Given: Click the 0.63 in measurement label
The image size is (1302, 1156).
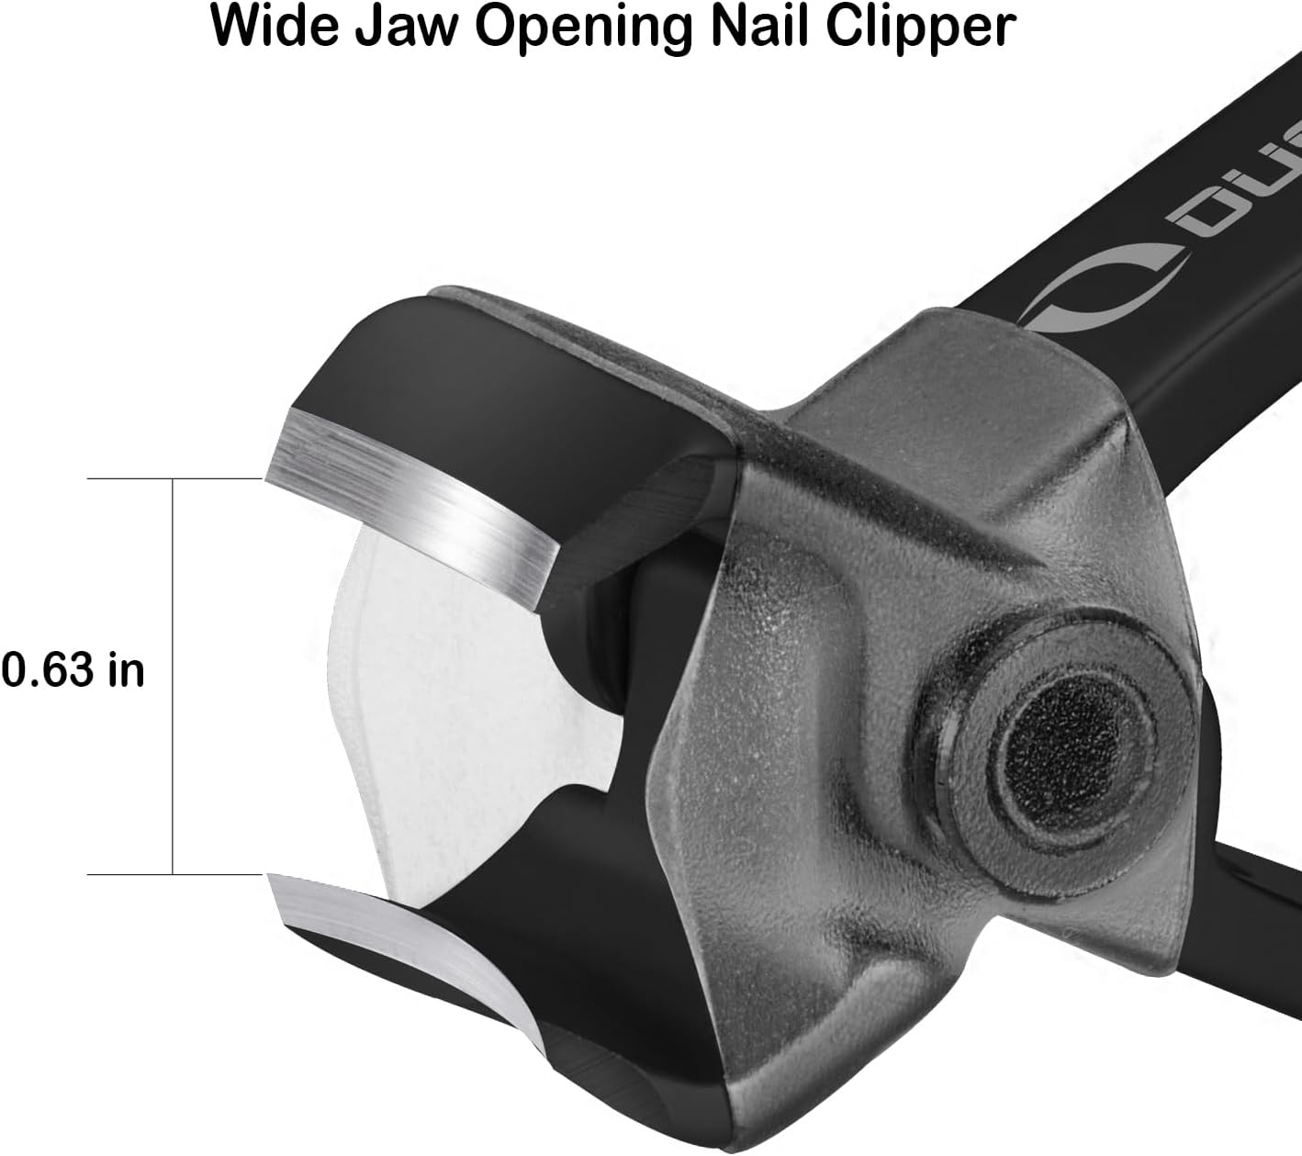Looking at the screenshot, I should [x=73, y=670].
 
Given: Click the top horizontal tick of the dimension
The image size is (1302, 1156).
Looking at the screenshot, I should [x=174, y=479].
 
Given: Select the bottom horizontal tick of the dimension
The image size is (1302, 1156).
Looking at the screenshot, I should [x=174, y=875].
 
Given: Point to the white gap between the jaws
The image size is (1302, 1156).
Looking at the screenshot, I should [x=441, y=698].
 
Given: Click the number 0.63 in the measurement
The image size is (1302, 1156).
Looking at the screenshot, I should [x=48, y=670].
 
